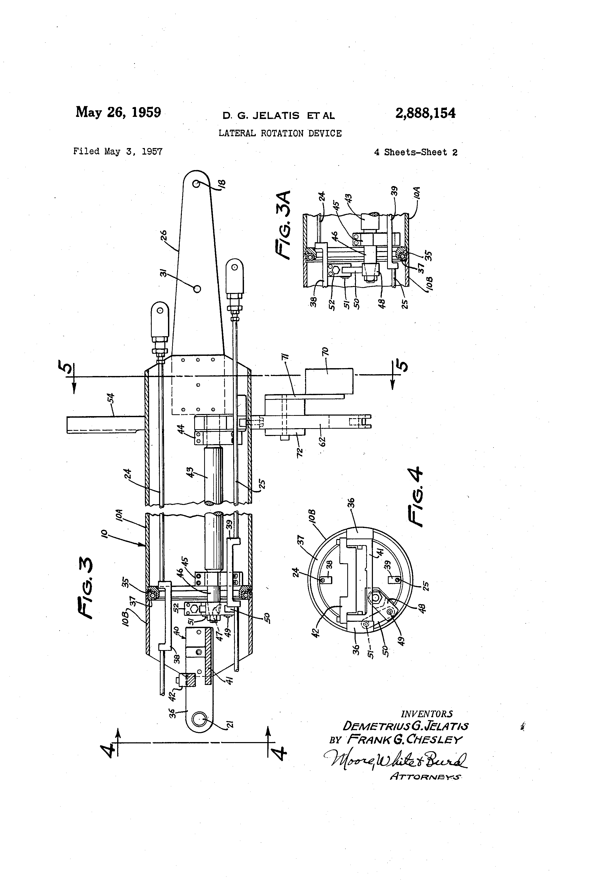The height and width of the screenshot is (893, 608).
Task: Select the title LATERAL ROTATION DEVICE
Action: tap(280, 133)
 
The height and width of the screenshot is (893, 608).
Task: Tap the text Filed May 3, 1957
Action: tap(118, 151)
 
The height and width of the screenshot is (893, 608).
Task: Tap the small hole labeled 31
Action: tap(197, 288)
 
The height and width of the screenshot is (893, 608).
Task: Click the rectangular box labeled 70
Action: tap(329, 381)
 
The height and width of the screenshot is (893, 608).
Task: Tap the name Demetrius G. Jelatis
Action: tap(405, 726)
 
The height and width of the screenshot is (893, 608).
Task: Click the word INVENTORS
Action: tap(427, 714)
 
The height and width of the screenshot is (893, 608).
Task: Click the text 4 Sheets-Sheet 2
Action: tap(415, 152)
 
